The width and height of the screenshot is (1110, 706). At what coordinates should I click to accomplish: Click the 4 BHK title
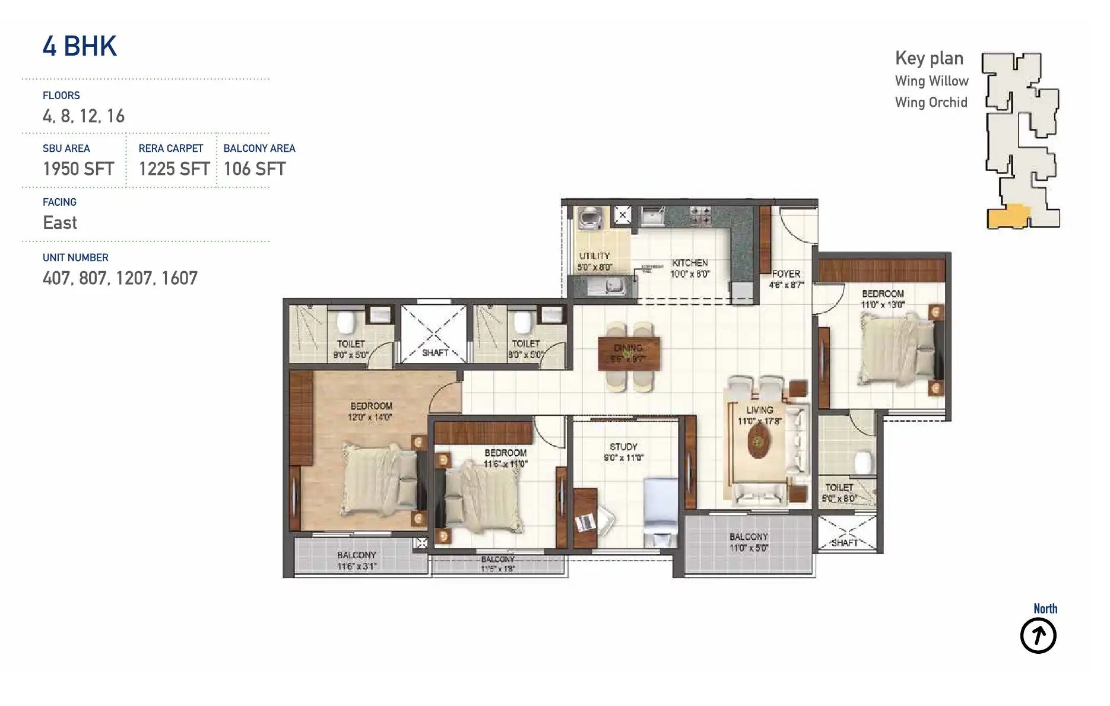(x=80, y=46)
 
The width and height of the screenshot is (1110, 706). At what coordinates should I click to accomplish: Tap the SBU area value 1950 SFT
(x=78, y=169)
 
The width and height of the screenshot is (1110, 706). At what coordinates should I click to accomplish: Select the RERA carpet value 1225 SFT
(x=174, y=169)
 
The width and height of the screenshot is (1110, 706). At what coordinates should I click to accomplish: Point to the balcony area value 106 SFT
(x=255, y=169)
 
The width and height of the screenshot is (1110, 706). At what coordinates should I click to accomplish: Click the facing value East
(x=60, y=223)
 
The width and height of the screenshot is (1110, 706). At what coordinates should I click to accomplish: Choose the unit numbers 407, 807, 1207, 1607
(x=120, y=278)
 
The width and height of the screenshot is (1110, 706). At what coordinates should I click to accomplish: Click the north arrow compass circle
(x=1038, y=636)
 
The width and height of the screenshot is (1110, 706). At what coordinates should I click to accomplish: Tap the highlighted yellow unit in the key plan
(x=1008, y=217)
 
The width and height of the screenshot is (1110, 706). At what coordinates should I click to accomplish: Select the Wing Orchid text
(x=931, y=103)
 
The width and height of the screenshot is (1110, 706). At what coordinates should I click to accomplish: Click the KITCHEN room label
(x=690, y=263)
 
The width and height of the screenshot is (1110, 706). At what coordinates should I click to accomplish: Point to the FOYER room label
(x=786, y=274)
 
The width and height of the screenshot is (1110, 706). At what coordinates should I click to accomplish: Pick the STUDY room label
(x=623, y=447)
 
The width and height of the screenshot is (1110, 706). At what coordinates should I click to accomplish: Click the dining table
(x=629, y=354)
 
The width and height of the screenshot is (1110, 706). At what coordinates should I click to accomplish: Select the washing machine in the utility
(x=591, y=218)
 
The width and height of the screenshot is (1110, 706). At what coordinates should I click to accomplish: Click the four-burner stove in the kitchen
(x=700, y=215)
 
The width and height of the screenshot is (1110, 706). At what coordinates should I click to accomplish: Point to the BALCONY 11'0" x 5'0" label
(x=749, y=542)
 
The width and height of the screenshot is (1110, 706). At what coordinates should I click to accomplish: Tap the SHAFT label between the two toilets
(x=435, y=353)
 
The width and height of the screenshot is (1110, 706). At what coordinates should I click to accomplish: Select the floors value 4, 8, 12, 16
(x=84, y=116)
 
